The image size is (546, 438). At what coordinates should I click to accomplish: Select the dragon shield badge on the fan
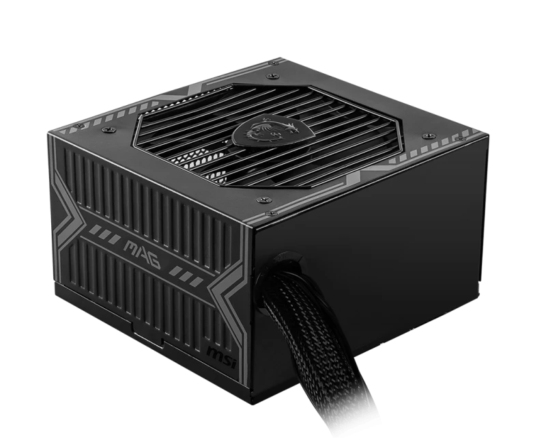(261, 128)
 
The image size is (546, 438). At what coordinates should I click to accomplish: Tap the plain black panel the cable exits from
(382, 239)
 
